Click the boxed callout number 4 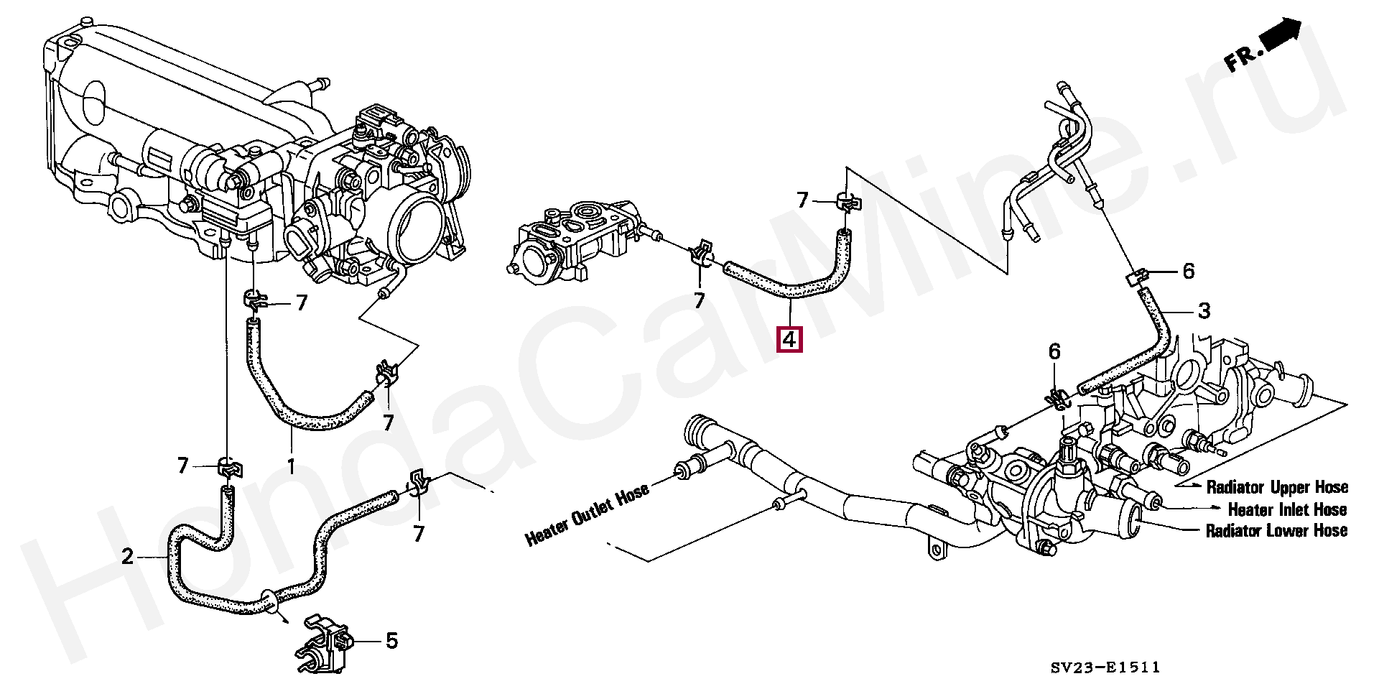coord(789,339)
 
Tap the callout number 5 coord(391,640)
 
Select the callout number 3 coord(1204,311)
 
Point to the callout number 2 coord(128,556)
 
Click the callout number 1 coord(291,467)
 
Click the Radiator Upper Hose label coord(1276,487)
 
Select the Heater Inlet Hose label coord(1287,509)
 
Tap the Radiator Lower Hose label coord(1276,531)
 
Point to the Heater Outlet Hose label coord(587,514)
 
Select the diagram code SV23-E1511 coord(1105,668)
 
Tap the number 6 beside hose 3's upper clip coord(1188,271)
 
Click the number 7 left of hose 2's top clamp coord(183,467)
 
